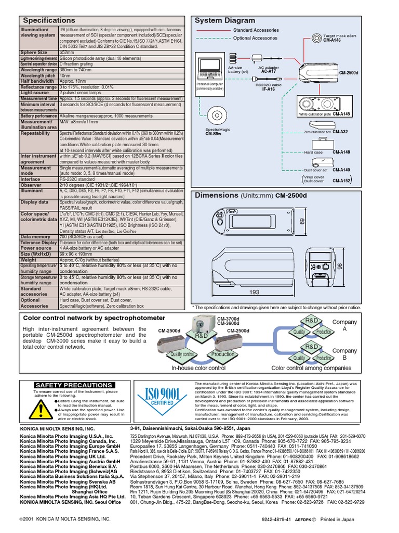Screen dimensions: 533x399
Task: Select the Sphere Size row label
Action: (34, 53)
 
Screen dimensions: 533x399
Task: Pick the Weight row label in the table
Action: (29, 259)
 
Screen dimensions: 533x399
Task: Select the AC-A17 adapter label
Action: (268, 71)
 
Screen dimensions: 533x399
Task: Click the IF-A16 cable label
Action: (268, 89)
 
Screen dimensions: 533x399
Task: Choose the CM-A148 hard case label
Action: (341, 152)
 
